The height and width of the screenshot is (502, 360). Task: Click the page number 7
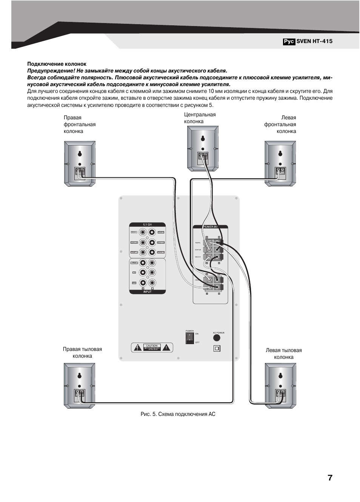click(x=330, y=478)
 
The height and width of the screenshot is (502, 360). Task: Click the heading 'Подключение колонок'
click(x=57, y=64)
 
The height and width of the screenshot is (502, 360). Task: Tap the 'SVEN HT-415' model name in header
click(x=314, y=42)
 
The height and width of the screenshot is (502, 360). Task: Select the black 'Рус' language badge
click(x=289, y=42)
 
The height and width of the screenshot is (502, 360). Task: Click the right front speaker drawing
click(x=80, y=164)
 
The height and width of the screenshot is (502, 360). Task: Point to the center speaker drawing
click(x=203, y=148)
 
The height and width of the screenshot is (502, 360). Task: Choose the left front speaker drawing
click(x=280, y=164)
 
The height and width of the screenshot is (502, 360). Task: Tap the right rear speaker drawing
click(x=79, y=386)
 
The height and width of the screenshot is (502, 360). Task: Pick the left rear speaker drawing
click(x=280, y=386)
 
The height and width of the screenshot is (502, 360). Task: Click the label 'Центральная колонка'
click(x=200, y=118)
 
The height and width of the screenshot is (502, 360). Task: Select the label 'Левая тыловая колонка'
click(x=283, y=354)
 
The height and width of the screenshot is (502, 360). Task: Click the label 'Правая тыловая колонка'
click(x=82, y=352)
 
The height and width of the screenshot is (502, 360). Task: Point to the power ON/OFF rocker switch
click(x=189, y=338)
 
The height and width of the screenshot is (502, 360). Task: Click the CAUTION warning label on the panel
click(x=152, y=348)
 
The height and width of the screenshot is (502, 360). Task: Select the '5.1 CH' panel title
click(x=147, y=225)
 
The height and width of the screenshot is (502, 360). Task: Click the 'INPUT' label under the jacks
click(x=147, y=292)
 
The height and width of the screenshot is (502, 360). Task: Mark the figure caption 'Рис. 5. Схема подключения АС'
click(x=178, y=414)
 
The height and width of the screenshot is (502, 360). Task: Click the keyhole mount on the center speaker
click(x=203, y=138)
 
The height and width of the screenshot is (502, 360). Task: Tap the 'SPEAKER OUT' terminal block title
click(x=210, y=227)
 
